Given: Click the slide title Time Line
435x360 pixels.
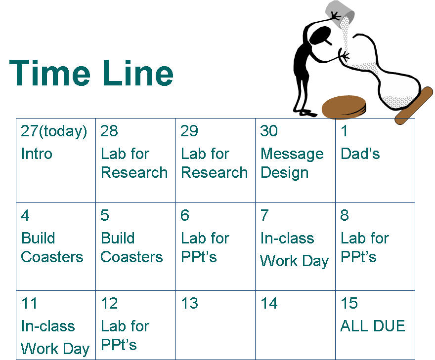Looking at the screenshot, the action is (x=91, y=73).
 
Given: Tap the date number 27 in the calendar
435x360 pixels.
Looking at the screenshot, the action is (x=29, y=131).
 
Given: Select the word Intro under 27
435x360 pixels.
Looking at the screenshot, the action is (x=37, y=154).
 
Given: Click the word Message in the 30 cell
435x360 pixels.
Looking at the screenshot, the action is (x=292, y=155).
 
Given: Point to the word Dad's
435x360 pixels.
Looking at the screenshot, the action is (x=360, y=154).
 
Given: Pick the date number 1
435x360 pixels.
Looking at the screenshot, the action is (x=344, y=131).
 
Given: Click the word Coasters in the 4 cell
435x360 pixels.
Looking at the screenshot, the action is (x=52, y=257).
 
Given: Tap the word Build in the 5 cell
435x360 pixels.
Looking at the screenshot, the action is (x=118, y=238).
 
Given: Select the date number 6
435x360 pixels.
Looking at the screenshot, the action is (x=185, y=215).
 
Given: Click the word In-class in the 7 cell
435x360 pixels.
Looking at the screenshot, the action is (x=287, y=238).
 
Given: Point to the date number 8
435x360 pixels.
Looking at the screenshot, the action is (x=345, y=215).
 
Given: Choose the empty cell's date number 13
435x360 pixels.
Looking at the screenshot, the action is (x=189, y=303).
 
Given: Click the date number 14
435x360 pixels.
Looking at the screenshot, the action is (x=269, y=303).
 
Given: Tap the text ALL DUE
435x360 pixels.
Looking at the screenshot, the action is (x=373, y=326).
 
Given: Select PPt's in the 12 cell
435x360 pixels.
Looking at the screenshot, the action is (x=119, y=345).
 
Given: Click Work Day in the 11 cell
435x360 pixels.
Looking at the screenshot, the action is (x=55, y=349).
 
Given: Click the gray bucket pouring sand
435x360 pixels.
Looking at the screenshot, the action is (x=340, y=14).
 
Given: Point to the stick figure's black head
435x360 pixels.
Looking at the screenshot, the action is (x=320, y=36).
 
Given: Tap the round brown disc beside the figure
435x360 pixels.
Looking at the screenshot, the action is (x=344, y=108).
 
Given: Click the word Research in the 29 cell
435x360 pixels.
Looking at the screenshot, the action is (x=214, y=173).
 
